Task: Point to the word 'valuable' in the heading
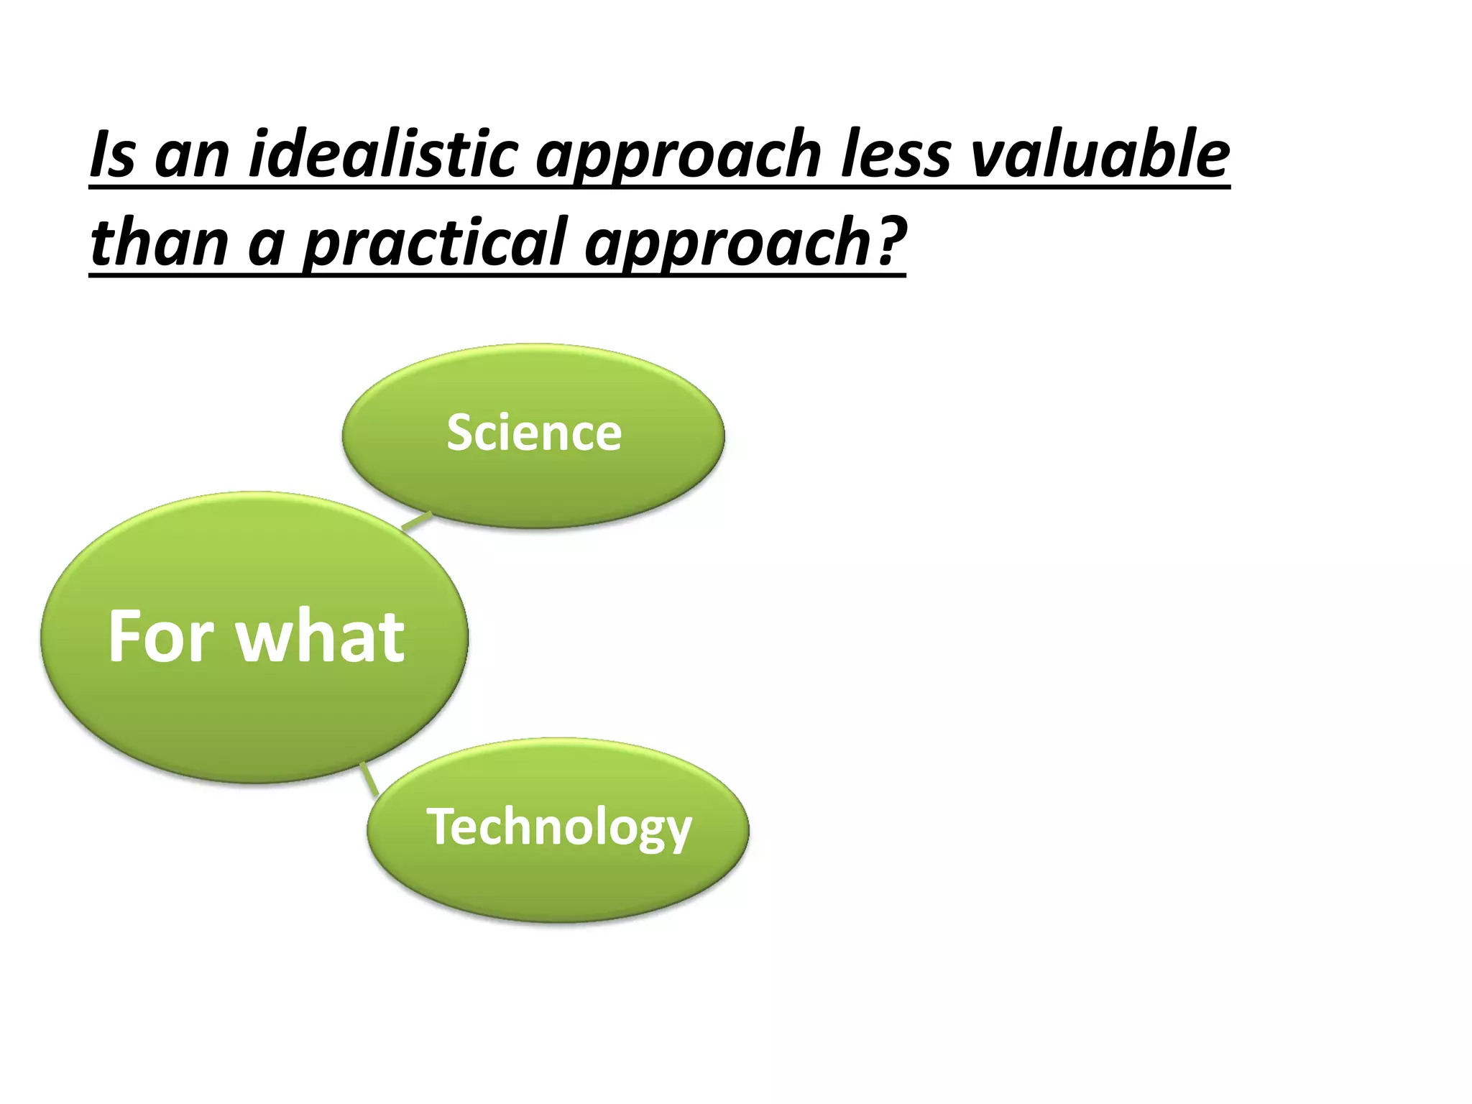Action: pos(1100,155)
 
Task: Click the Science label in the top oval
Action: pos(533,433)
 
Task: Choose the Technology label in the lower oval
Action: pos(558,827)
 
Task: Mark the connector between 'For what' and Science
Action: pos(416,522)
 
